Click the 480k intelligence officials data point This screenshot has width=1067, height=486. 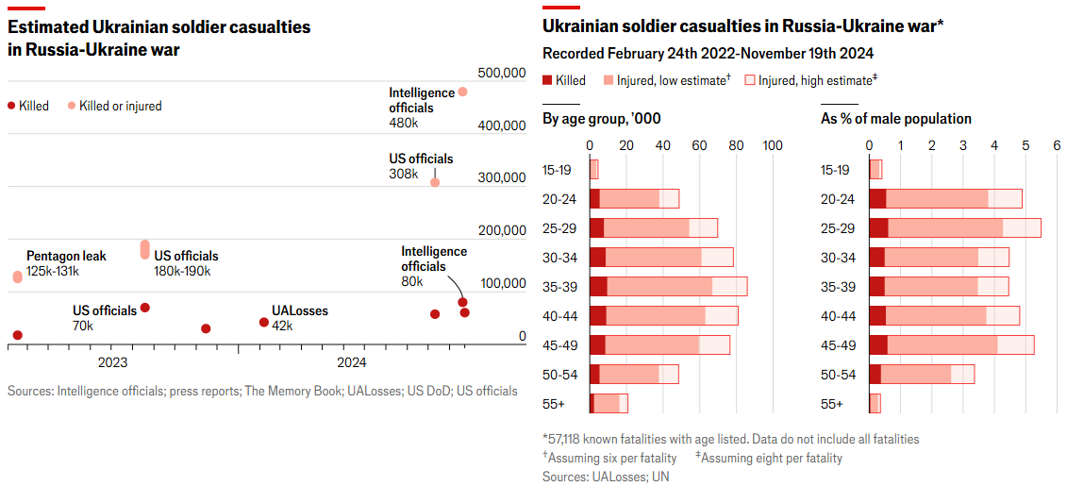click(x=462, y=92)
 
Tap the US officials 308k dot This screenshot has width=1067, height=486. click(x=435, y=182)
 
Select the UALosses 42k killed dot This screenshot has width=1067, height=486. click(x=264, y=322)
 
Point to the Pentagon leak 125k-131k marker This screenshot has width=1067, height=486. click(x=17, y=277)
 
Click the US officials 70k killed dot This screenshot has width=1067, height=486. click(x=144, y=308)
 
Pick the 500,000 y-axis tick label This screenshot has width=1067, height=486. click(x=502, y=73)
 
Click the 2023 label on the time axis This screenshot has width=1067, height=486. click(x=112, y=362)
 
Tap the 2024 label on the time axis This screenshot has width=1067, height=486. click(x=352, y=362)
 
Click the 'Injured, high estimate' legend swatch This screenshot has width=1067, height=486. click(x=751, y=80)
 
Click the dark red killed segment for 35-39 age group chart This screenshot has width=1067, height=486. click(x=598, y=287)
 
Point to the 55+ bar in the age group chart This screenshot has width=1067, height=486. click(x=609, y=404)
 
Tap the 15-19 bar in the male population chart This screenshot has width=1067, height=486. click(x=875, y=170)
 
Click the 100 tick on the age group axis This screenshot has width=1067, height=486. click(x=773, y=145)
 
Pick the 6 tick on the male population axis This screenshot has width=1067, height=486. click(x=1057, y=145)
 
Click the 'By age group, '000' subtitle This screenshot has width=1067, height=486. click(x=601, y=119)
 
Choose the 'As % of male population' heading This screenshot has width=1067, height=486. click(x=895, y=119)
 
